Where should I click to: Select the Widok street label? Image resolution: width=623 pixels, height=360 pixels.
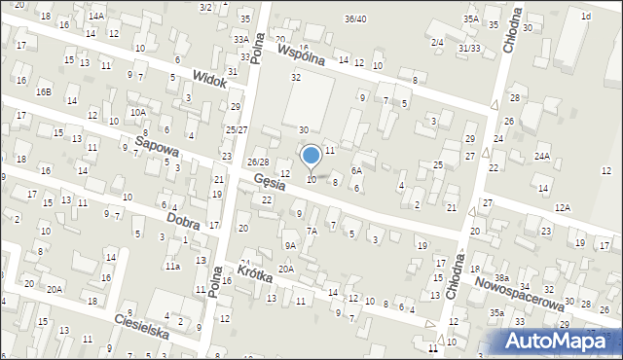tap(209, 78)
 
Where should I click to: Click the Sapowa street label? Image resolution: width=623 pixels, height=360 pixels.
tap(157, 148)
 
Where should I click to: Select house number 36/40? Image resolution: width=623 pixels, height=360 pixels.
tap(355, 19)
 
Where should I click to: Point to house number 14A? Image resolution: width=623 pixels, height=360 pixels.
tap(96, 17)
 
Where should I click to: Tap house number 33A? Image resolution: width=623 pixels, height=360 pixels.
tap(240, 39)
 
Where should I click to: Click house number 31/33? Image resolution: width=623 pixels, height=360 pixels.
tap(469, 49)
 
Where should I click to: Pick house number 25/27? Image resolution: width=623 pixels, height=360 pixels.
tap(237, 129)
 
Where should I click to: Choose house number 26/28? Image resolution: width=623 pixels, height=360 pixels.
tap(258, 162)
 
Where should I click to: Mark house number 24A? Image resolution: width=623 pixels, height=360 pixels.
tap(541, 156)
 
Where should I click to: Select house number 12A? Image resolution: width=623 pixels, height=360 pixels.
tap(562, 207)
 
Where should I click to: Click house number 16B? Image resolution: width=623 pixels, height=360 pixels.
tap(44, 91)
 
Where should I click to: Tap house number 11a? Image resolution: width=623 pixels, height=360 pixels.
tap(172, 266)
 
